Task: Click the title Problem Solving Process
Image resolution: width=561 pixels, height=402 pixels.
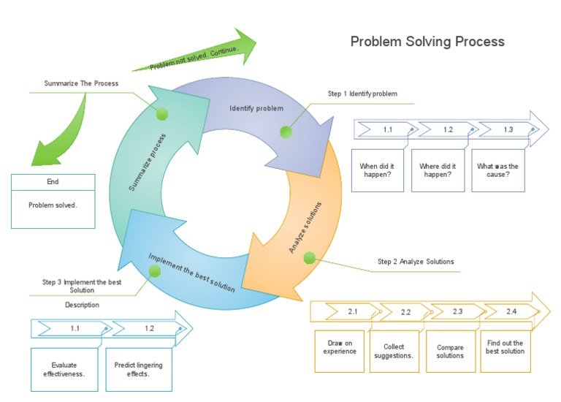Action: [427, 42]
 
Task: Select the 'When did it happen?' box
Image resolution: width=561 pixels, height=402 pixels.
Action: [377, 170]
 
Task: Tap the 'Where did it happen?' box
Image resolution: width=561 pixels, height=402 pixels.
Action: [438, 170]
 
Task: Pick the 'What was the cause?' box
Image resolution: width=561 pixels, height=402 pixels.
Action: [497, 170]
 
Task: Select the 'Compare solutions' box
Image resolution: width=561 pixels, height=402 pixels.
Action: [450, 351]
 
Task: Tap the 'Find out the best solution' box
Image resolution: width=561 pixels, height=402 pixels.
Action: [505, 347]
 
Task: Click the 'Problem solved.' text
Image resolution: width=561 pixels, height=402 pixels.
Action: [53, 205]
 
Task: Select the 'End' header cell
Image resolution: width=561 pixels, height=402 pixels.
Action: [53, 182]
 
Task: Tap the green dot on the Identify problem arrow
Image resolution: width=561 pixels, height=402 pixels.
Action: [286, 132]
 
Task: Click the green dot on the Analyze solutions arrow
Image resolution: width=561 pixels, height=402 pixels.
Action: [309, 257]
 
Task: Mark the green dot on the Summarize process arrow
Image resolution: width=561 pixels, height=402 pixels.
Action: [162, 113]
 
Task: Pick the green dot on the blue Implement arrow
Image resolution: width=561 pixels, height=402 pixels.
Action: [154, 271]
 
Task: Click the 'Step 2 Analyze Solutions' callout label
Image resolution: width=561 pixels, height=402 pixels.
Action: [416, 262]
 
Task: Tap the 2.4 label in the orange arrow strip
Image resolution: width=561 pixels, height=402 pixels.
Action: [511, 312]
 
